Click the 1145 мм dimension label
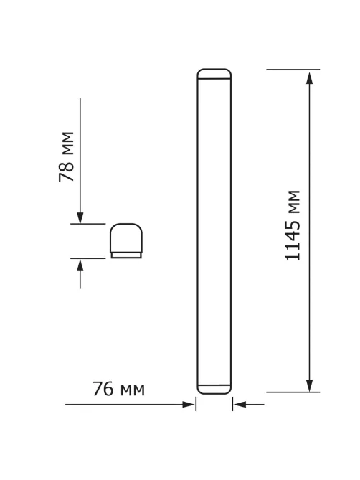(293, 225)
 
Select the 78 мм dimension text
(66, 156)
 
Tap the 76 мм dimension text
(118, 389)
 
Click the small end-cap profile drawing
(126, 241)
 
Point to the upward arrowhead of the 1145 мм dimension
(310, 78)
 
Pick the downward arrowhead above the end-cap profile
(80, 217)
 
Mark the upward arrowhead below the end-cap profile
(80, 265)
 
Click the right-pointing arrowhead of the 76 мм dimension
(188, 405)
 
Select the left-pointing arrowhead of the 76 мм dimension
(240, 405)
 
